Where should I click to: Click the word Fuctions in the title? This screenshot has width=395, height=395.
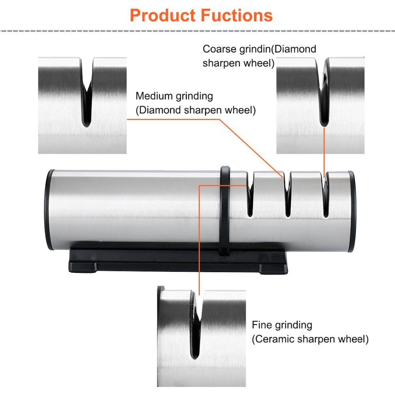[x=237, y=15]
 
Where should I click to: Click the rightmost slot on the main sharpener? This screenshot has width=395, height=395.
[x=325, y=197]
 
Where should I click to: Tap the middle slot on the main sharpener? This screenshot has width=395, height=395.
[x=288, y=197]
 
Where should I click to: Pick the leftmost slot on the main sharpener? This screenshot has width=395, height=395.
[x=250, y=197]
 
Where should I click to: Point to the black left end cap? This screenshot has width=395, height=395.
[x=50, y=209]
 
